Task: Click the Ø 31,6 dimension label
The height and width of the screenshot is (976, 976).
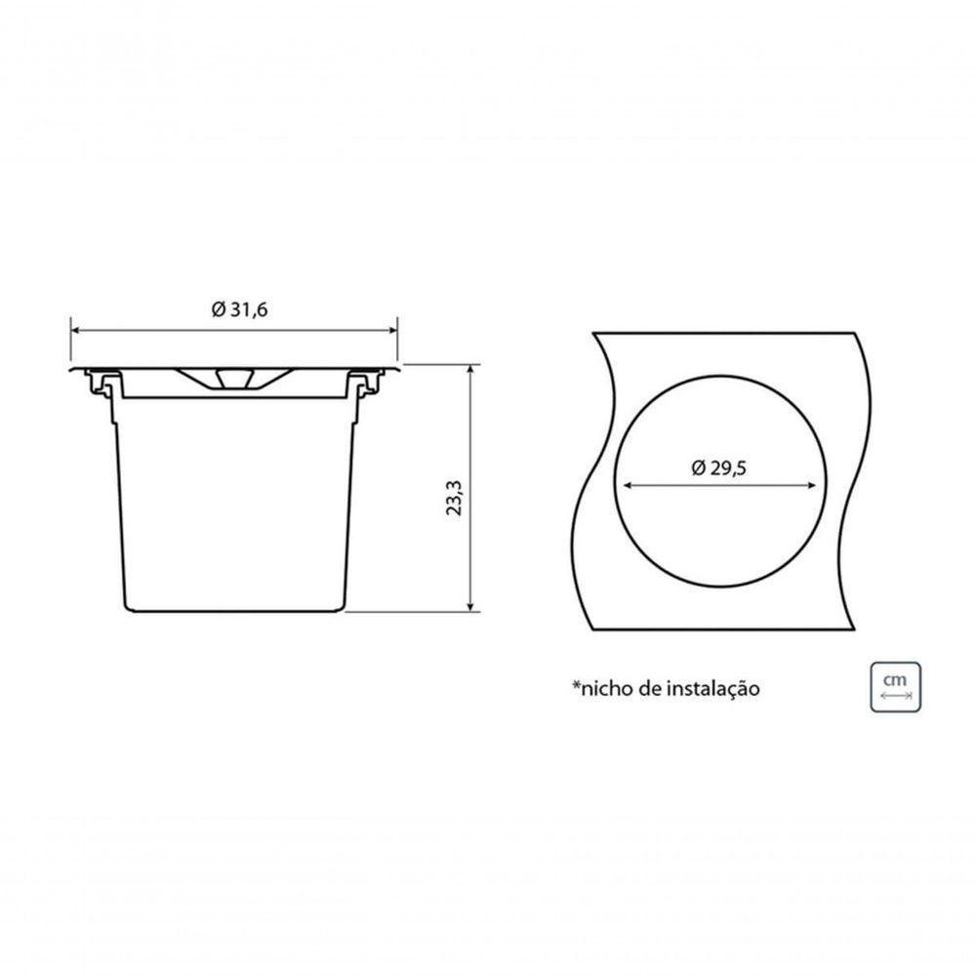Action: pos(239,309)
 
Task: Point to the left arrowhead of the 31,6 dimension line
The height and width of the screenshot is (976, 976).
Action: pos(75,330)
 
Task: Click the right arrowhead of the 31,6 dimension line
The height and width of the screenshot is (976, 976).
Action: pos(394,330)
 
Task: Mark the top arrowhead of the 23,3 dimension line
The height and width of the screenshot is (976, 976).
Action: pos(472,370)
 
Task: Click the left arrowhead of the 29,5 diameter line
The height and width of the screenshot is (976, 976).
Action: pos(627,485)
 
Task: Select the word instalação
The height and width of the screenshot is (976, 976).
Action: pos(713,689)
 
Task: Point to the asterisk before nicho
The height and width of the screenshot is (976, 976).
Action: pos(576,685)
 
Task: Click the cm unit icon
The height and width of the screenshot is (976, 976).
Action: pos(895,686)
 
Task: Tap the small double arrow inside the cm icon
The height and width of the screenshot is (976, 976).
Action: pos(895,697)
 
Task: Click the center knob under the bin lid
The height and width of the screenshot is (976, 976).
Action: pos(232,379)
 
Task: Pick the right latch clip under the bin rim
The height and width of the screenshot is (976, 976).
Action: pos(368,385)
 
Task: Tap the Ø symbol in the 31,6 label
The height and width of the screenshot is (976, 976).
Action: pos(218,309)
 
